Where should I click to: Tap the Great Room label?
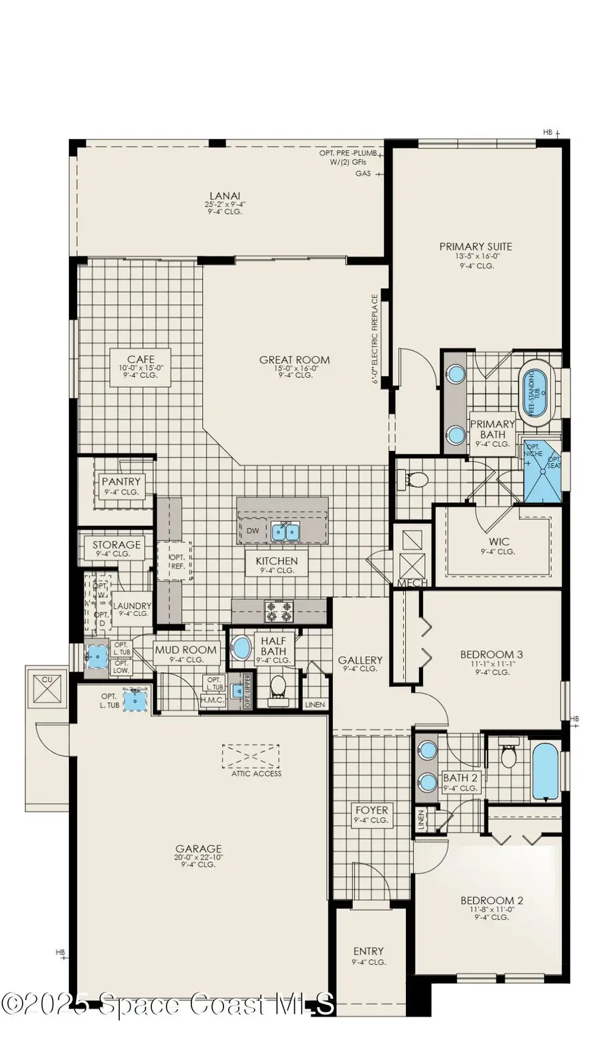294,360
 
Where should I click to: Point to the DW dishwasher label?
252,531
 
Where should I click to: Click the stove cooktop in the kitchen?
279,611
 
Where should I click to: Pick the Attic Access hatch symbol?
251,756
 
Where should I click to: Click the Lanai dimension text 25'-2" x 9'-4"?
224,204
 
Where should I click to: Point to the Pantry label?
121,482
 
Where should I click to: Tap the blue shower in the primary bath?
541,469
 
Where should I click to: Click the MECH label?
412,583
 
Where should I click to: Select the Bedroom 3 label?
492,655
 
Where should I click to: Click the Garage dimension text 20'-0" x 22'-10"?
198,857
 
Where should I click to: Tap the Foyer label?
371,810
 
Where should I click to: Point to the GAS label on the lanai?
363,174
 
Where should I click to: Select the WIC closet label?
499,542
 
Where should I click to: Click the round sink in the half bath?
240,647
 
